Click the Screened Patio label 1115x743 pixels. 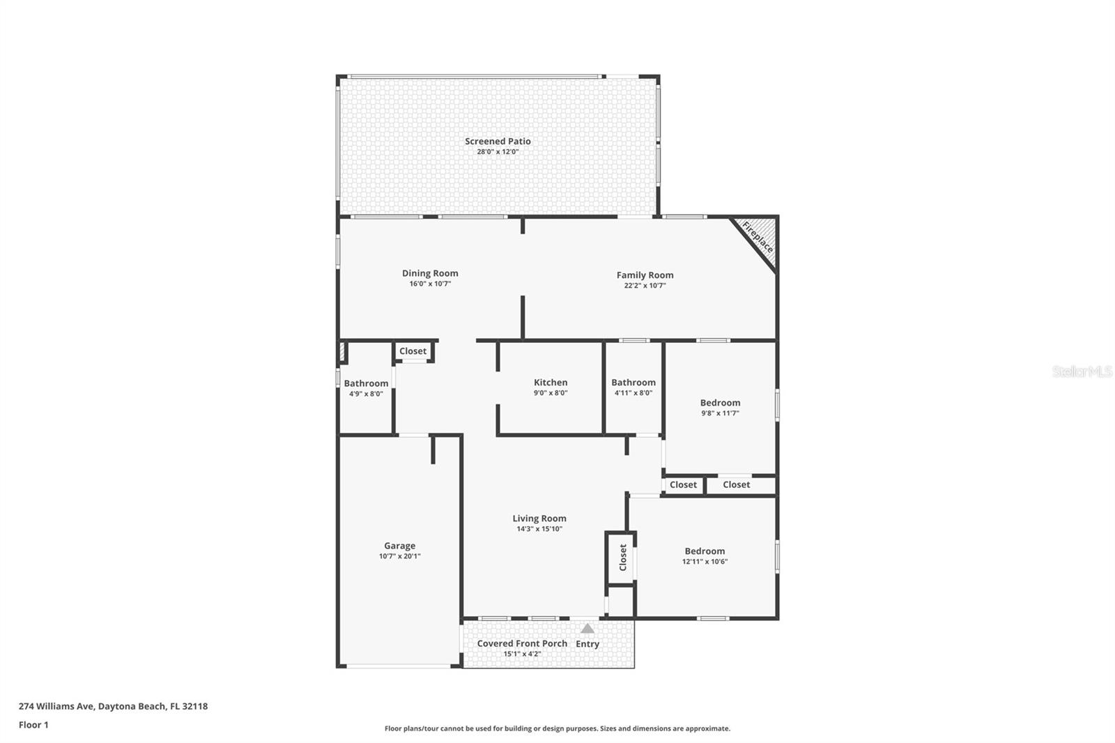(x=498, y=141)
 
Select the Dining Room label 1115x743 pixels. (x=430, y=273)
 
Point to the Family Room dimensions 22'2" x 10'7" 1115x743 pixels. (x=645, y=286)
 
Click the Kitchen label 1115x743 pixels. (x=551, y=382)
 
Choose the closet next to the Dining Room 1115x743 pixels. (x=413, y=351)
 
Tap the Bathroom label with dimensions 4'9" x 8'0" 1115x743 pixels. (x=366, y=383)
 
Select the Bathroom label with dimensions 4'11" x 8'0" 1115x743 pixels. (x=633, y=382)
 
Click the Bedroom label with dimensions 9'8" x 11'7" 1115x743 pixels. (x=720, y=403)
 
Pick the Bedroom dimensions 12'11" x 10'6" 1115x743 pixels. (x=705, y=562)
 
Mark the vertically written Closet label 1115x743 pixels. (x=623, y=558)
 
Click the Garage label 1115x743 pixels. (x=399, y=546)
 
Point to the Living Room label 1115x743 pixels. (x=539, y=518)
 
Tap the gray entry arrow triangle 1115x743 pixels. (x=587, y=629)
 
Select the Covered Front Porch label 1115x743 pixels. (x=522, y=643)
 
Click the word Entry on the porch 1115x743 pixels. (x=587, y=644)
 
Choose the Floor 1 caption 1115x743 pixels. (x=33, y=725)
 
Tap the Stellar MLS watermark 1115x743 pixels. (x=1082, y=371)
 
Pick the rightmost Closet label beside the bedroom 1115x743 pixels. (x=737, y=484)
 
